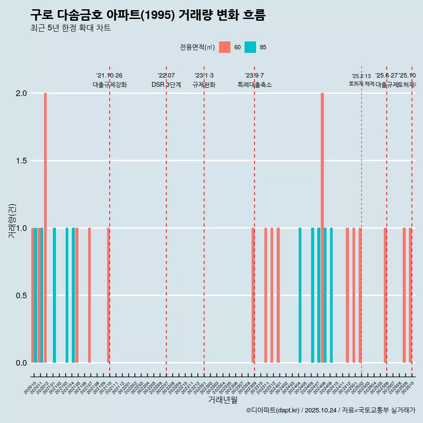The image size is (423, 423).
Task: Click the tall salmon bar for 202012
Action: [x=45, y=228]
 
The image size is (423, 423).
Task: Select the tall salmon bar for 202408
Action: [x=322, y=228]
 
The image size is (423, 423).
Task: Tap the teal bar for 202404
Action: [x=300, y=295]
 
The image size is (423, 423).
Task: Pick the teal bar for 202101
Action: [x=54, y=295]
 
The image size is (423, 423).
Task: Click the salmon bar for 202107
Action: [x=89, y=295]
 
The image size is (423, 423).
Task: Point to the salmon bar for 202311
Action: [x=266, y=295]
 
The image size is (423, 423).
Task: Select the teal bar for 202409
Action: [x=331, y=295]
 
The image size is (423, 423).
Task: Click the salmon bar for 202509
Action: [x=404, y=295]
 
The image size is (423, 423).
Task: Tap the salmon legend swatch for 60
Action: [x=225, y=47]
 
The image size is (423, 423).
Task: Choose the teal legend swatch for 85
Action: [x=250, y=47]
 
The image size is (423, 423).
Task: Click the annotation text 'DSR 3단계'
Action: [x=166, y=85]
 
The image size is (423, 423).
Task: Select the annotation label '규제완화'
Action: [x=204, y=85]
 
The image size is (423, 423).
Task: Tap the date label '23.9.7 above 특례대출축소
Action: [x=254, y=76]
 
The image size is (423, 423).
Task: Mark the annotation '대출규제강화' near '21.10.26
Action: [x=109, y=85]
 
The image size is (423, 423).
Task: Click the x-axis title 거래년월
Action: [x=223, y=400]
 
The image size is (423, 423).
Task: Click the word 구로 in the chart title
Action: [x=42, y=15]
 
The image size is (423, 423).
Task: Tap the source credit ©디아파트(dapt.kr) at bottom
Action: [x=273, y=410]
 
